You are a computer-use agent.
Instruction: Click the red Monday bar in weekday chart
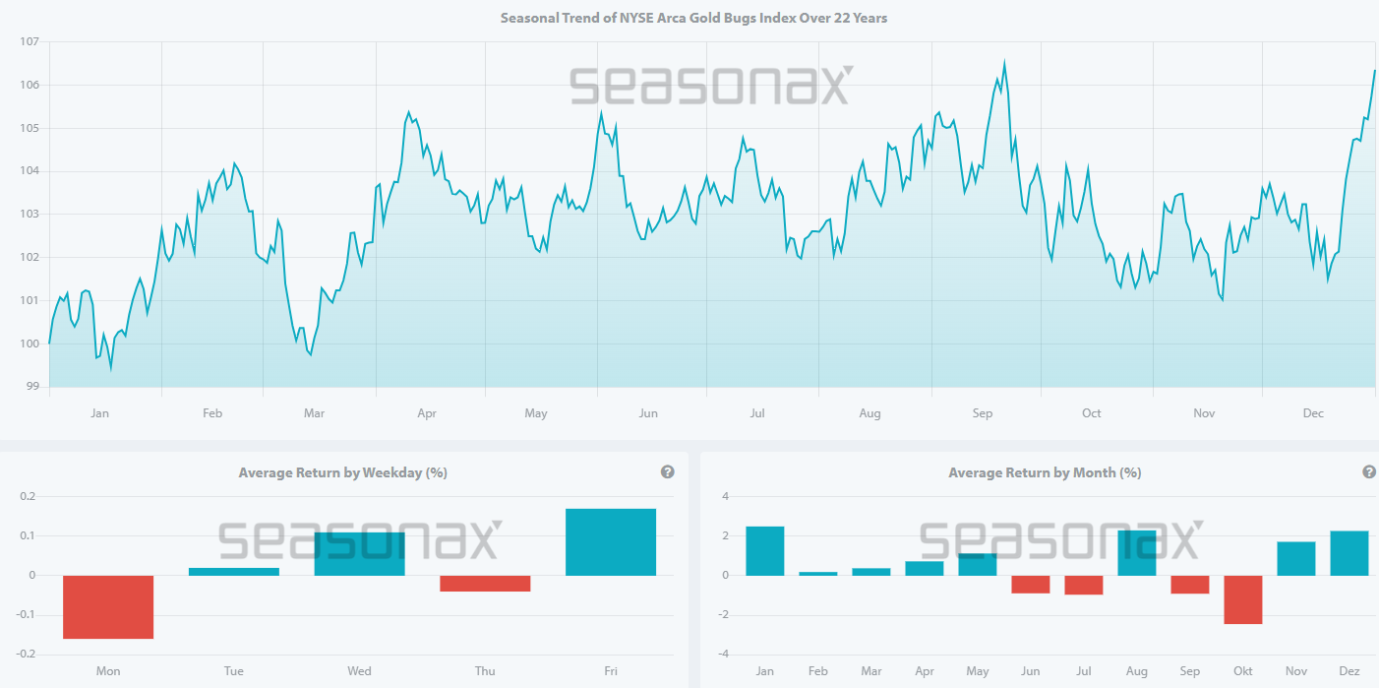pyautogui.click(x=108, y=607)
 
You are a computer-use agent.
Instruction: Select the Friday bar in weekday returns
pyautogui.click(x=611, y=542)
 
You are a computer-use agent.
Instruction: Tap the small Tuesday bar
pyautogui.click(x=234, y=572)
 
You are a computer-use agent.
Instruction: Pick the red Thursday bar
pyautogui.click(x=485, y=584)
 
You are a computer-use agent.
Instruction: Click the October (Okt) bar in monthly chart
pyautogui.click(x=1243, y=599)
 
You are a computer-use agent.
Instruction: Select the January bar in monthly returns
pyautogui.click(x=765, y=551)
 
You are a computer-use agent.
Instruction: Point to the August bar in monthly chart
pyautogui.click(x=1137, y=553)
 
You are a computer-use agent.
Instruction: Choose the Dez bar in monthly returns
pyautogui.click(x=1349, y=553)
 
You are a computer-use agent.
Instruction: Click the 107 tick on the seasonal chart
pyautogui.click(x=27, y=42)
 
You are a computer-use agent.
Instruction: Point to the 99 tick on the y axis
pyautogui.click(x=30, y=387)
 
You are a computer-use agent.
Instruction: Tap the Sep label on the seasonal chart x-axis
pyautogui.click(x=983, y=413)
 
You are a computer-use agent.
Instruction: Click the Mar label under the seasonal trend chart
pyautogui.click(x=314, y=413)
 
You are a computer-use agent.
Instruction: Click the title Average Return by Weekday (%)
pyautogui.click(x=342, y=472)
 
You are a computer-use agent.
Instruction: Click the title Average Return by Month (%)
pyautogui.click(x=1045, y=472)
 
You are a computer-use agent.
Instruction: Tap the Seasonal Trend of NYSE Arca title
pyautogui.click(x=693, y=18)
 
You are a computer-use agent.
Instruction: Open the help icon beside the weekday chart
pyautogui.click(x=668, y=472)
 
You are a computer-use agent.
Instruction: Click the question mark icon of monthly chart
pyautogui.click(x=1369, y=472)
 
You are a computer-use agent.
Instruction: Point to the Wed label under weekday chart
pyautogui.click(x=359, y=671)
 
